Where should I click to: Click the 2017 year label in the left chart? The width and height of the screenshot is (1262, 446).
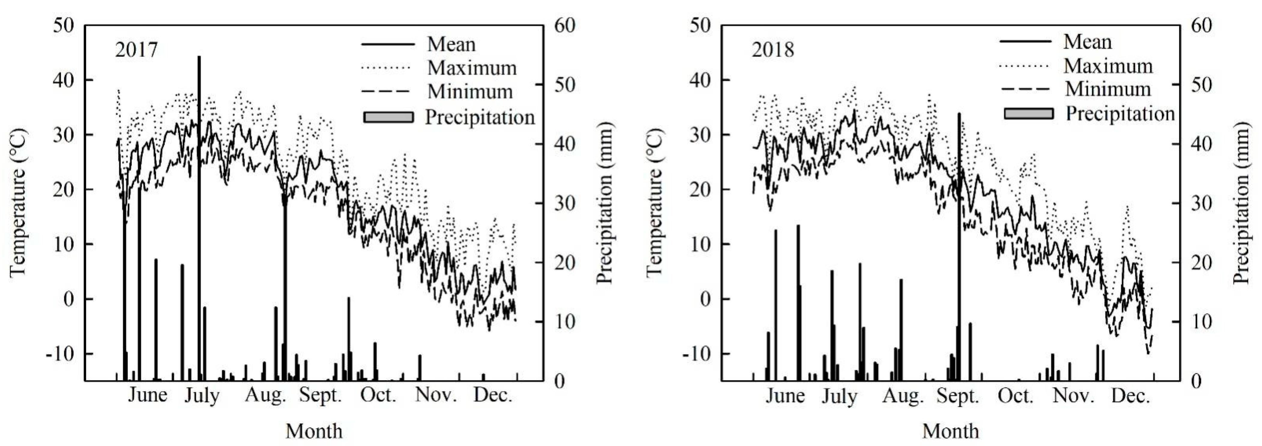pos(136,50)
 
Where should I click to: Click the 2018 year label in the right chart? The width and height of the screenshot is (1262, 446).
pos(773,50)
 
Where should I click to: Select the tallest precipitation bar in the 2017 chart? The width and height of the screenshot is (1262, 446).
pos(199,216)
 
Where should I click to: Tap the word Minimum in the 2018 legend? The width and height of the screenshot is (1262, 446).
pos(1108,89)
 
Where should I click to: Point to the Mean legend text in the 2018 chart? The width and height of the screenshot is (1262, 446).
pos(1087,42)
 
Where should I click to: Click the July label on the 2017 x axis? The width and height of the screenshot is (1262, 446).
pos(202,395)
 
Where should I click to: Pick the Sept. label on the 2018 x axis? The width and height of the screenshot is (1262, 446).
pos(957,395)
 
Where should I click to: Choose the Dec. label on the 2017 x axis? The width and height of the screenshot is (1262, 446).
pos(492,395)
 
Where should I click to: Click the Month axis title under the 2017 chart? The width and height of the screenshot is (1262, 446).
pos(314,431)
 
